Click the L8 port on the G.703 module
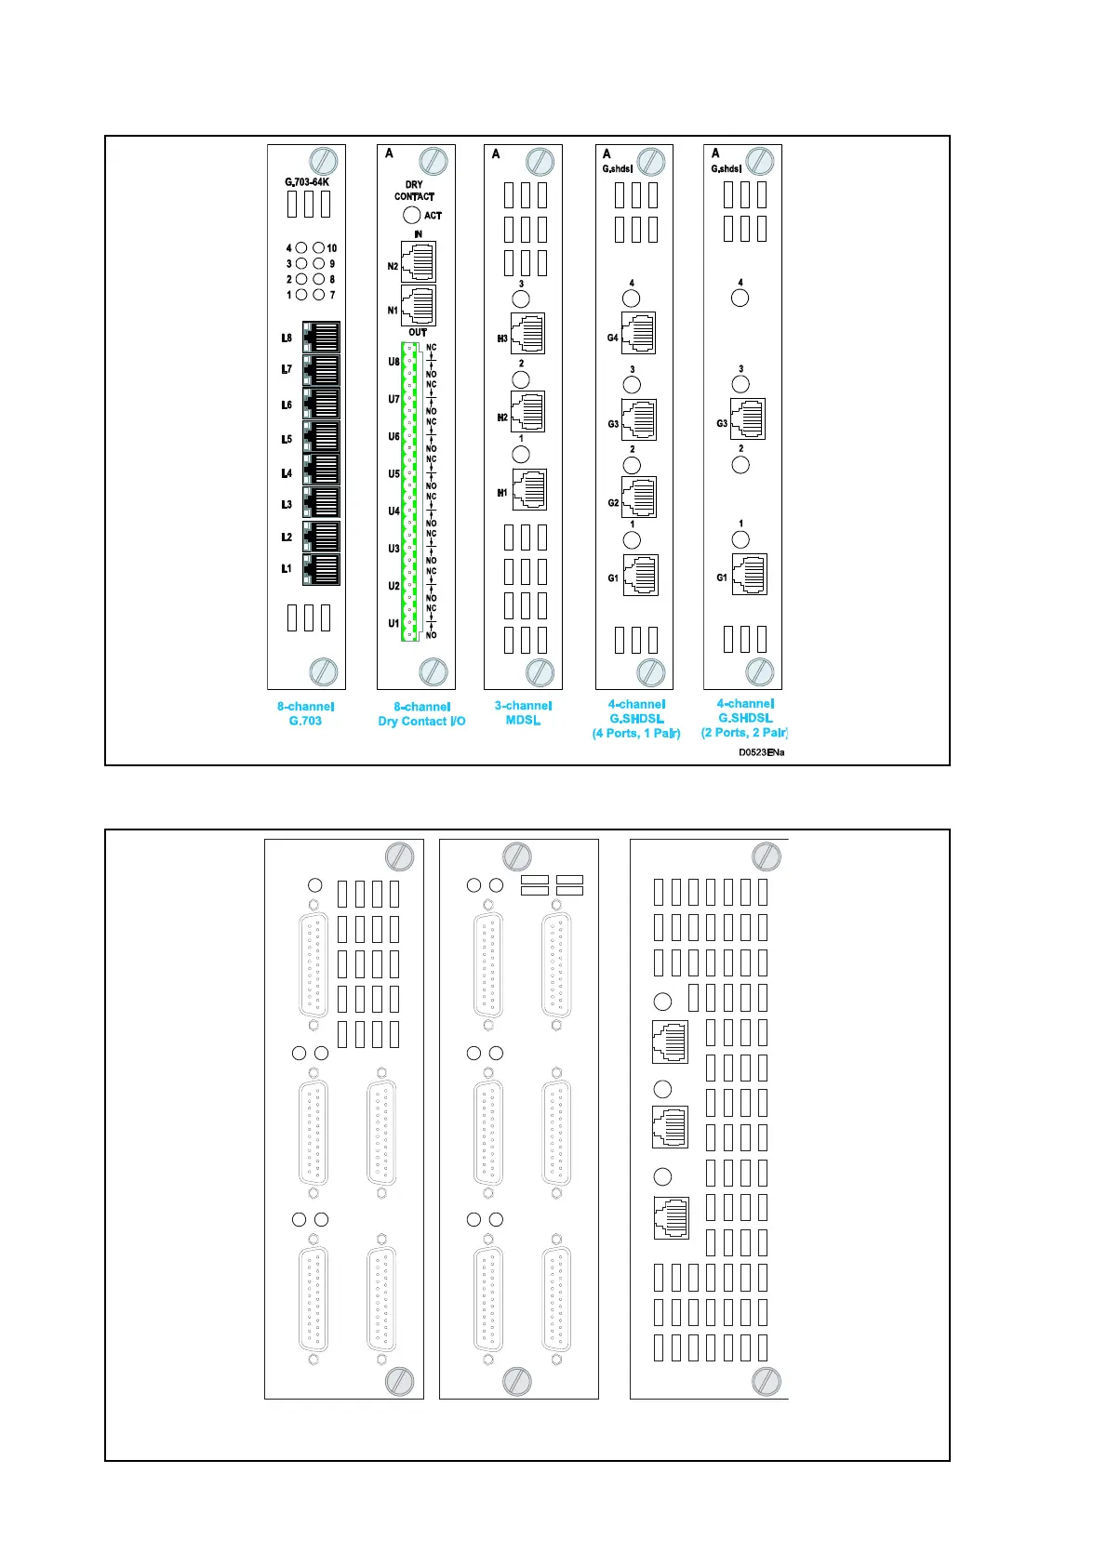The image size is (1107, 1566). pos(321,337)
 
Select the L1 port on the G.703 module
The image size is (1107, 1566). pos(321,569)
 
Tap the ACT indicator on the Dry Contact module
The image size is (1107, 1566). pos(412,215)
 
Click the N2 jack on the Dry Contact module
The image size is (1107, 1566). pos(418,261)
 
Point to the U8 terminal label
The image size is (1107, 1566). pos(393,362)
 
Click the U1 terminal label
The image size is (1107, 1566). pos(393,623)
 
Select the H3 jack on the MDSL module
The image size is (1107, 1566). pos(527,334)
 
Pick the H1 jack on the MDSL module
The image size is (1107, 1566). pos(528,490)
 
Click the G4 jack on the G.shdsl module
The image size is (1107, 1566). pos(638,333)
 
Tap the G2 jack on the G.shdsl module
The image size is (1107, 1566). pos(639,498)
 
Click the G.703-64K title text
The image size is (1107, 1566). pos(307,182)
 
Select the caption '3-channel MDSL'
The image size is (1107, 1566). pos(523,713)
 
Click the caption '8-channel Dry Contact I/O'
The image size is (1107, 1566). pos(421,714)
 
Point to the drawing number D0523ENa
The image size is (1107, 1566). pos(761,752)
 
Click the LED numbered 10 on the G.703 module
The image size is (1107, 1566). pos(319,248)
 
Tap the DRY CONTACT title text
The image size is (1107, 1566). pos(414,191)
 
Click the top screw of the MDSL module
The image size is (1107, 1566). pos(540,161)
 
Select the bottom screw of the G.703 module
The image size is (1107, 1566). pos(323,671)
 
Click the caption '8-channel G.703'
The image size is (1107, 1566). pos(305,713)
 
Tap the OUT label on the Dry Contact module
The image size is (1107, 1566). pos(418,332)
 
